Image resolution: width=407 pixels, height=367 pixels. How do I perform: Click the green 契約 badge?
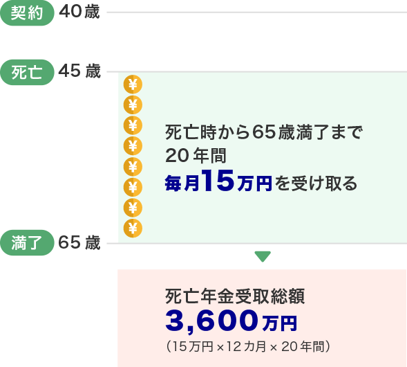pos(27,12)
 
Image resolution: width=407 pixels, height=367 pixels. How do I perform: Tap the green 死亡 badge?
pos(27,72)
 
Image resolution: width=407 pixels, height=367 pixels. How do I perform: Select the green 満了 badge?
pos(27,242)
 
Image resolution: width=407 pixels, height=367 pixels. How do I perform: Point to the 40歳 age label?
pos(79,12)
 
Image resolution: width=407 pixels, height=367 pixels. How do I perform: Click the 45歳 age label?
pos(79,71)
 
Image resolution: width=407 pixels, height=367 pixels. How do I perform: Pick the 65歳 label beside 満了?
pos(79,242)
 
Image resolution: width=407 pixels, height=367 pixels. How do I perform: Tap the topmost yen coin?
pos(133,84)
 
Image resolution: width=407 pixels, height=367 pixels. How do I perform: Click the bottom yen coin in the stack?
pos(133,229)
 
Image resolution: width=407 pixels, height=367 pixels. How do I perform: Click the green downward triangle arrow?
pos(263,256)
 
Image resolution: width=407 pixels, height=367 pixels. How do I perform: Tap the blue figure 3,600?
pos(212,321)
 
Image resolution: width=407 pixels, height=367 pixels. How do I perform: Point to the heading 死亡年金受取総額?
pos(235,296)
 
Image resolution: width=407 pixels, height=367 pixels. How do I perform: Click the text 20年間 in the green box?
pos(196,156)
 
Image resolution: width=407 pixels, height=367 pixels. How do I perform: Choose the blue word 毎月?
pos(182,183)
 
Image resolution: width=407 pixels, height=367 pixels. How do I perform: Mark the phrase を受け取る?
pos(316,183)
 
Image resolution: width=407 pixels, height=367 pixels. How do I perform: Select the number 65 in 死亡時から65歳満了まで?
pos(264,132)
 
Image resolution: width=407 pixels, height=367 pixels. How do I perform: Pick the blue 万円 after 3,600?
pos(280,323)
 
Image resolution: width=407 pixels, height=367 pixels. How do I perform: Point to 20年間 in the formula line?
pos(303,346)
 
